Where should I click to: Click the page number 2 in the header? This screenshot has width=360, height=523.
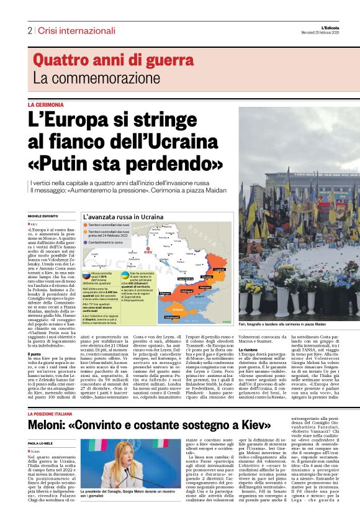[x=29, y=30]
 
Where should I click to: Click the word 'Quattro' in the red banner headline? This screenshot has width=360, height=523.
[x=58, y=61]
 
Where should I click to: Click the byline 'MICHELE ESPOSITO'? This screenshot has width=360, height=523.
[x=42, y=216]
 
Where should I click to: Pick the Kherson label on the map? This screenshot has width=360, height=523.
[x=165, y=293]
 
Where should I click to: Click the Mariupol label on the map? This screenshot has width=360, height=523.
[x=205, y=287]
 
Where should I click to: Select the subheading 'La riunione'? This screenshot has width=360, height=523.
[x=248, y=350]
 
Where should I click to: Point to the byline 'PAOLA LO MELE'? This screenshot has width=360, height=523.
[x=40, y=426]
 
